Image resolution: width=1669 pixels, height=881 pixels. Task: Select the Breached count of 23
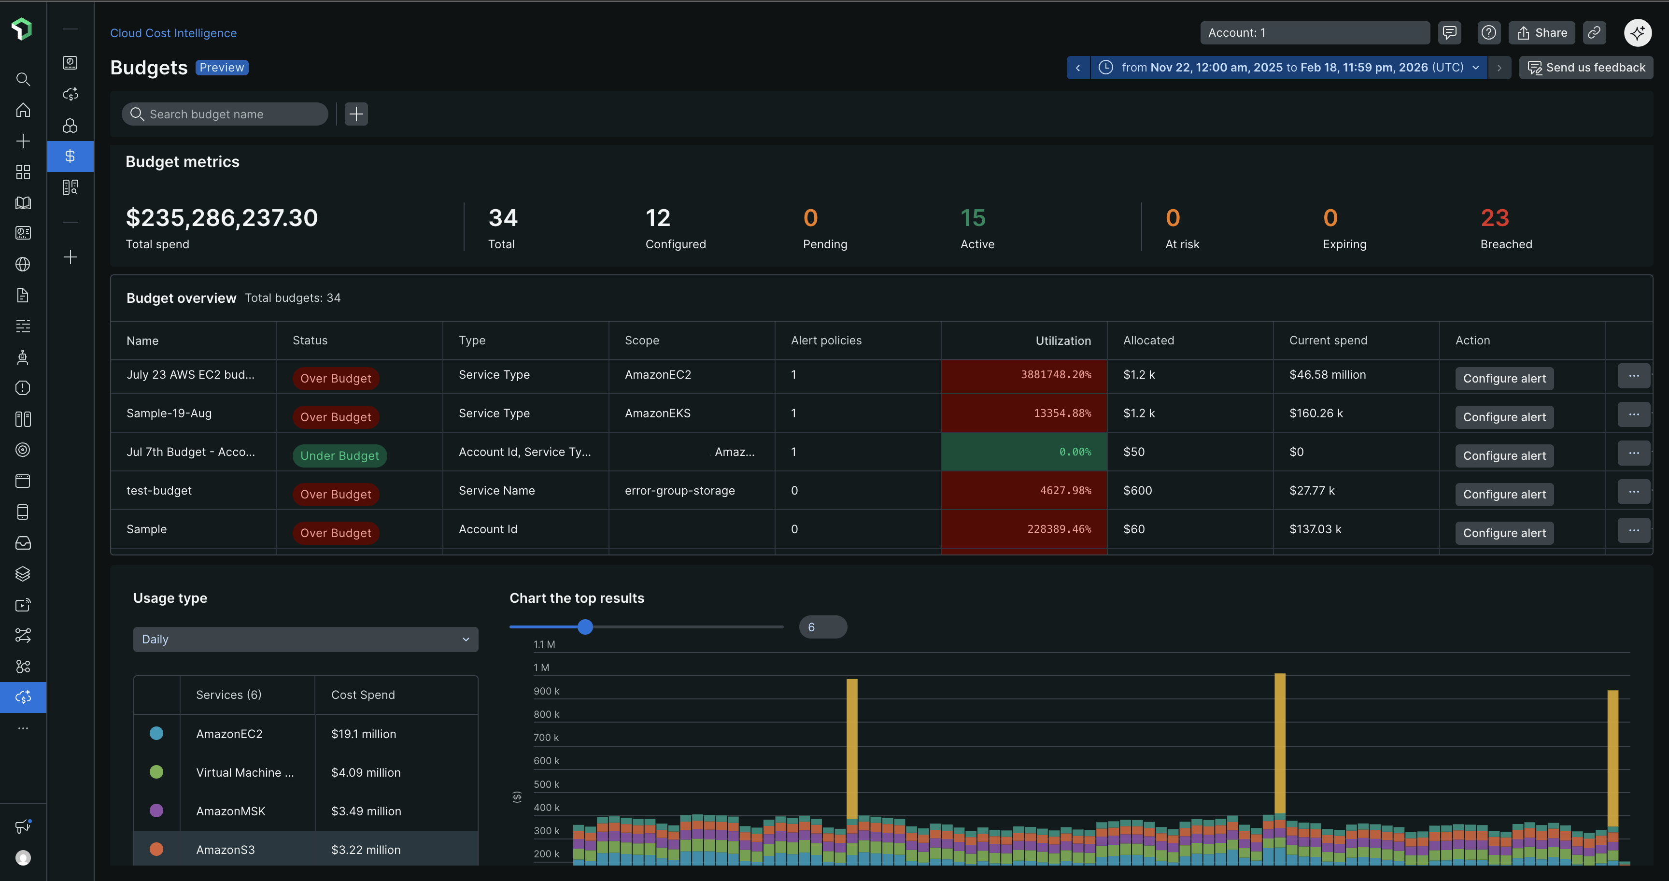(x=1494, y=218)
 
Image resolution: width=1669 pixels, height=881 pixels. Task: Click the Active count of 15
(x=973, y=218)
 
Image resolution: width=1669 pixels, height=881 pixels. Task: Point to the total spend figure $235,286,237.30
(x=222, y=218)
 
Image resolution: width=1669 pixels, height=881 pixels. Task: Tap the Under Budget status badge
(x=339, y=455)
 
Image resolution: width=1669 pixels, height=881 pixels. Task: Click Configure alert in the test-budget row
(x=1504, y=494)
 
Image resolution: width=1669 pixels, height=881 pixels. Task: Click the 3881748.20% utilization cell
(x=1024, y=375)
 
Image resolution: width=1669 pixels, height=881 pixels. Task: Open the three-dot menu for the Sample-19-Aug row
(x=1633, y=414)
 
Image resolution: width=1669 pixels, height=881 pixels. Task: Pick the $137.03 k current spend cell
(x=1315, y=529)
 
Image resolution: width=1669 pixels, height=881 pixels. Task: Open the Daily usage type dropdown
(x=305, y=639)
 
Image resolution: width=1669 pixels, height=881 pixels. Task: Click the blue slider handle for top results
(x=584, y=626)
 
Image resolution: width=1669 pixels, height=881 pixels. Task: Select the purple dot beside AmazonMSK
(x=156, y=810)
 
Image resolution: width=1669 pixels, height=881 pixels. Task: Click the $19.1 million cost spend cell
(x=364, y=734)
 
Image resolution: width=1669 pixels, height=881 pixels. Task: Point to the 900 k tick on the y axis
(x=546, y=691)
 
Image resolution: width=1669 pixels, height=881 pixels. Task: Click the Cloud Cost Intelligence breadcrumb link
(x=173, y=33)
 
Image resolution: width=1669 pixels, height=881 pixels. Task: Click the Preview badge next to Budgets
(x=222, y=67)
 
